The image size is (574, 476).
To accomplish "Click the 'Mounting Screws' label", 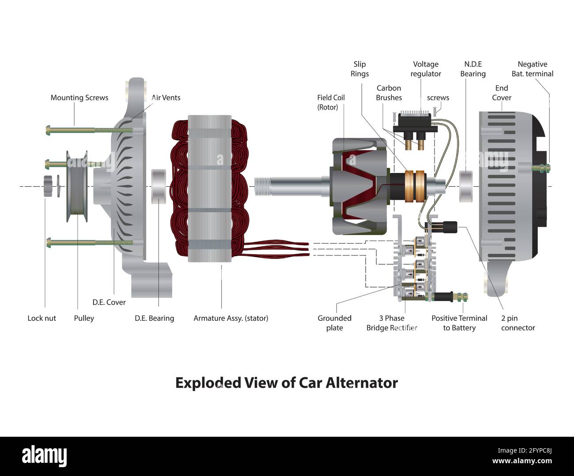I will tap(79, 97).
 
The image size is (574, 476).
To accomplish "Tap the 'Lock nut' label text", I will tap(42, 318).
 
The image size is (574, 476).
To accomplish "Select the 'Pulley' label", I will tap(84, 318).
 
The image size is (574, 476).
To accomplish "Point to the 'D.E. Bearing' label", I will tap(154, 318).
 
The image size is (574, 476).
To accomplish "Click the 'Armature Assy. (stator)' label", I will tap(230, 318).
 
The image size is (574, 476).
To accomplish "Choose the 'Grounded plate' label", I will tap(334, 323).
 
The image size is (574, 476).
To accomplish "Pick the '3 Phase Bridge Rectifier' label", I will tap(392, 323).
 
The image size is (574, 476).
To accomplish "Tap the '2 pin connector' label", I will tap(517, 323).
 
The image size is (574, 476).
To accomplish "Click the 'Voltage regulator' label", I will tap(426, 69).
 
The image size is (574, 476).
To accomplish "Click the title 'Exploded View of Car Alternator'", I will tap(287, 382).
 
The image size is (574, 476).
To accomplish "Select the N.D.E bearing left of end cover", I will tap(466, 186).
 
